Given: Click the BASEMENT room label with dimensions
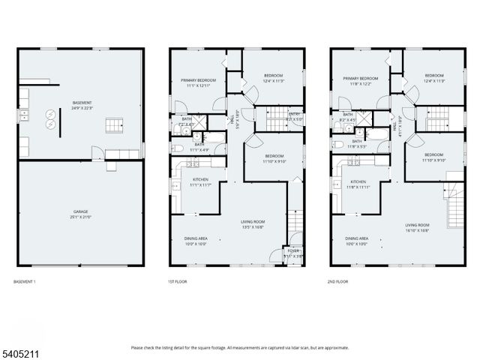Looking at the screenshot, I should pyautogui.click(x=82, y=105).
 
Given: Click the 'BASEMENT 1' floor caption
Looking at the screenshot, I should pyautogui.click(x=25, y=281).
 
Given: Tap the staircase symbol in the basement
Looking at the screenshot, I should pyautogui.click(x=114, y=124).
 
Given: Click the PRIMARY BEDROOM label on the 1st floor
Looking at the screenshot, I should pyautogui.click(x=198, y=82).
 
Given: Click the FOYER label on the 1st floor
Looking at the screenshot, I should pyautogui.click(x=293, y=253).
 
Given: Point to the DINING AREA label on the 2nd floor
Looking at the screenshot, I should pyautogui.click(x=358, y=241).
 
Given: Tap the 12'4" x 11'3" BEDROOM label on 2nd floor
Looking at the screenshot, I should pyautogui.click(x=434, y=78).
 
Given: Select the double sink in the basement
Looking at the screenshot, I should pyautogui.click(x=24, y=115).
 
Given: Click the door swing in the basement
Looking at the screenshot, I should pyautogui.click(x=96, y=153).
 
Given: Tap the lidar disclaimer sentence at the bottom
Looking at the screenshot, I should pyautogui.click(x=240, y=347).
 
